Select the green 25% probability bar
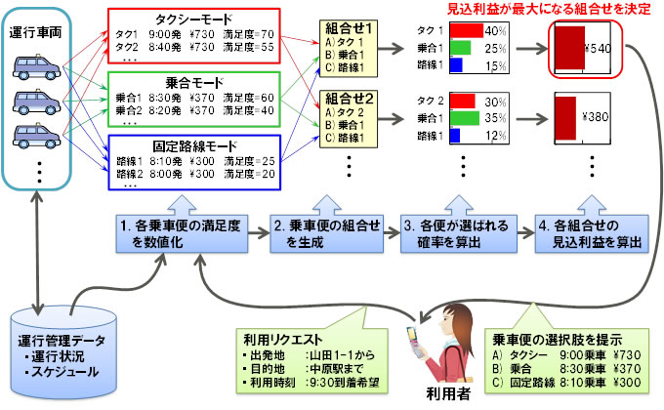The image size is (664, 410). tap(457, 48)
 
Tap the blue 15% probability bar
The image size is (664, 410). tap(454, 65)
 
